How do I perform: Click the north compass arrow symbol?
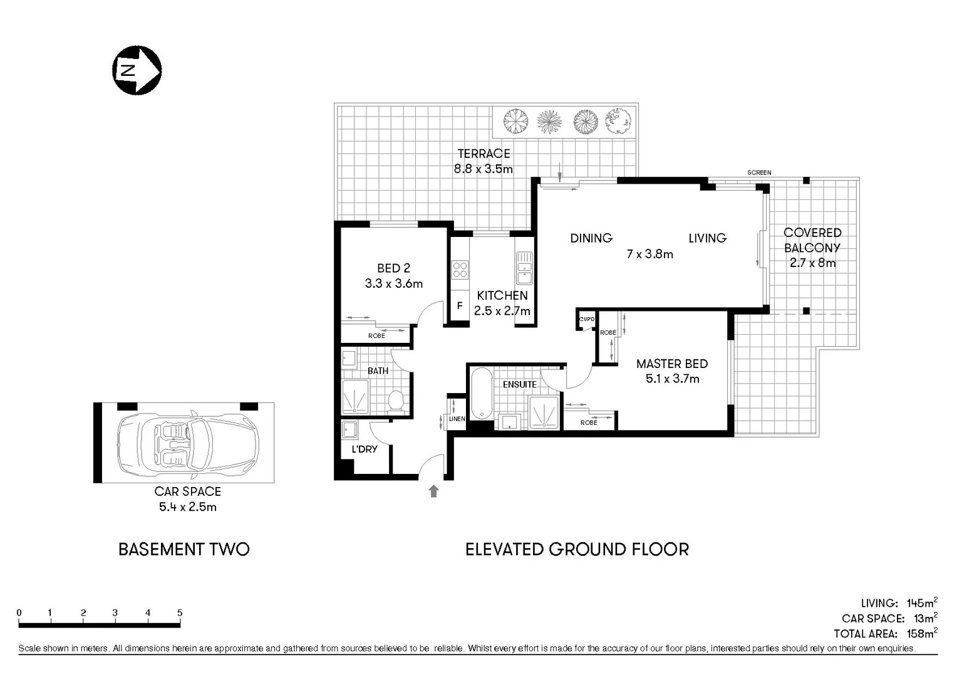137,70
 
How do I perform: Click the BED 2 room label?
393,268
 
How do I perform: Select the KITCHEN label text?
502,295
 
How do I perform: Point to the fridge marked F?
460,306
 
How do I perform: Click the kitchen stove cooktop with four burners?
460,270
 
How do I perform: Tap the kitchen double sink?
524,268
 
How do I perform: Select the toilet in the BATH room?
396,400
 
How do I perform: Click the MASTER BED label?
671,364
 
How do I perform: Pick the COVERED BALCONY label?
812,240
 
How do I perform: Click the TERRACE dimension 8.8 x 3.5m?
483,169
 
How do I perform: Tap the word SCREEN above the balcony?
759,172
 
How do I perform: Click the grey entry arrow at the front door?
433,491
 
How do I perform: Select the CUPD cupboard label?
587,319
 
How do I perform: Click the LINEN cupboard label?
457,419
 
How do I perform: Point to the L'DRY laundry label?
364,449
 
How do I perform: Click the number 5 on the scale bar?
180,613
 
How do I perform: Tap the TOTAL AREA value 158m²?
922,633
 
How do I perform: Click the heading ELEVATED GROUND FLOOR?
577,550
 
